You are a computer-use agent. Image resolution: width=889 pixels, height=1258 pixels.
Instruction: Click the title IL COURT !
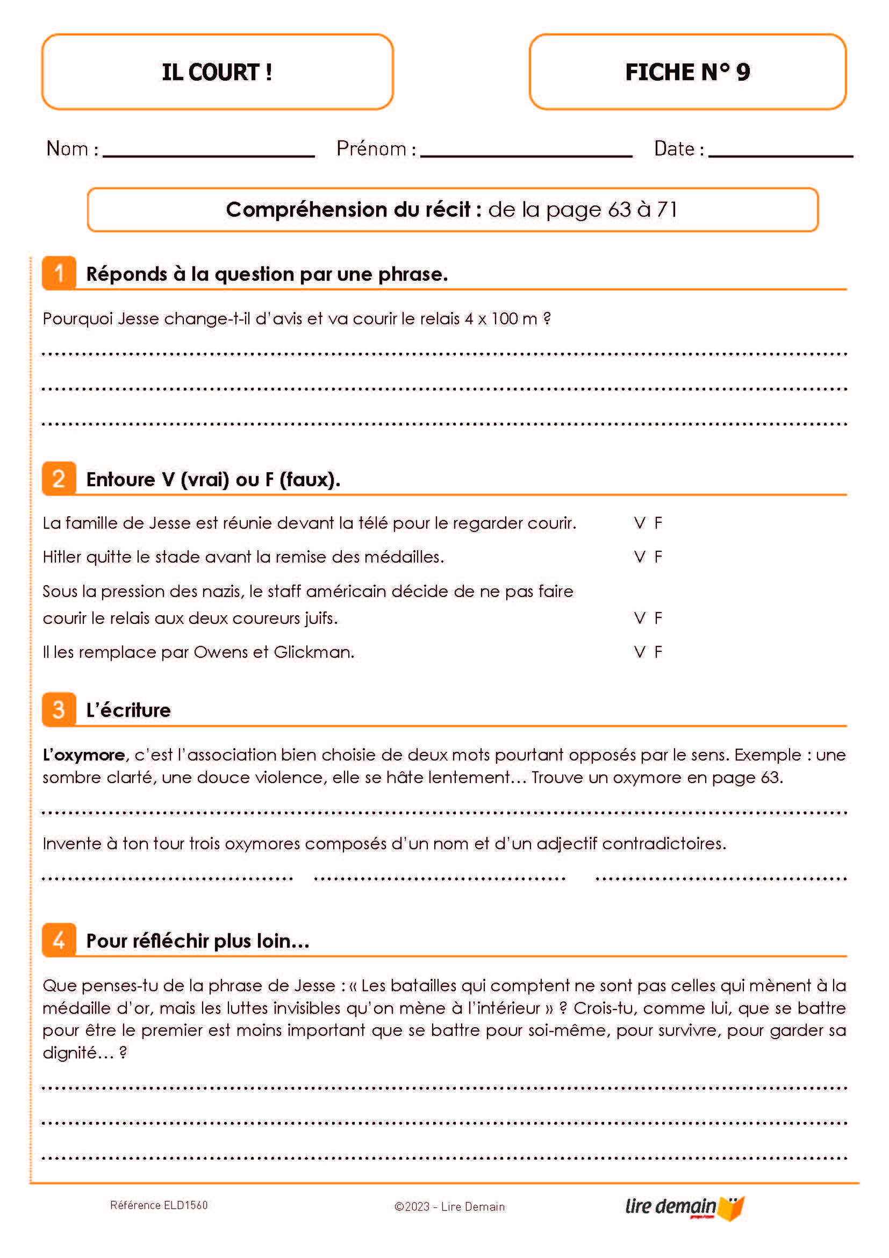click(x=217, y=72)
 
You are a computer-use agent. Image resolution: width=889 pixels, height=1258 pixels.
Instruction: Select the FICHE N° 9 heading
click(x=687, y=72)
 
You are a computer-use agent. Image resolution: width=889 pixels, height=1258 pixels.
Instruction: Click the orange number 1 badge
click(x=59, y=273)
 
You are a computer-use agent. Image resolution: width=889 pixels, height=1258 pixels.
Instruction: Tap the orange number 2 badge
click(x=59, y=479)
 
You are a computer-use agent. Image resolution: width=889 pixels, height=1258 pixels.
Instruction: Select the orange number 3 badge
click(x=59, y=709)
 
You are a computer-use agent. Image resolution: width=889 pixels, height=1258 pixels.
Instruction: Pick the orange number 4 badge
click(x=59, y=940)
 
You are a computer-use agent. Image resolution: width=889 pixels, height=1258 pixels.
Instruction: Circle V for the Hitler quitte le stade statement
click(x=640, y=557)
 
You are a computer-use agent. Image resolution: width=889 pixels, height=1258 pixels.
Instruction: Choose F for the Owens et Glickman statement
click(x=658, y=652)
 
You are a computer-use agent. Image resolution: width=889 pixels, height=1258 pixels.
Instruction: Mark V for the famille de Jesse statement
click(x=640, y=523)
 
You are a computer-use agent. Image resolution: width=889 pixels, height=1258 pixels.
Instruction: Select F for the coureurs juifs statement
click(x=658, y=618)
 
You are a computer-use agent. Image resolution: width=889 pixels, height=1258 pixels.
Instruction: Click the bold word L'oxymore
click(x=84, y=755)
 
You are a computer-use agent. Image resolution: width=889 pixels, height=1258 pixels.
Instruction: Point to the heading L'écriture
click(x=128, y=710)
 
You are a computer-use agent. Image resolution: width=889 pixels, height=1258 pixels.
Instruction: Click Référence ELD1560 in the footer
click(x=159, y=1205)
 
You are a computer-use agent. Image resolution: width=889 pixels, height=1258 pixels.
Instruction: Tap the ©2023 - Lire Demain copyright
click(x=449, y=1206)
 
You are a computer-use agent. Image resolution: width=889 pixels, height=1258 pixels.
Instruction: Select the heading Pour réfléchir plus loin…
click(x=198, y=941)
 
